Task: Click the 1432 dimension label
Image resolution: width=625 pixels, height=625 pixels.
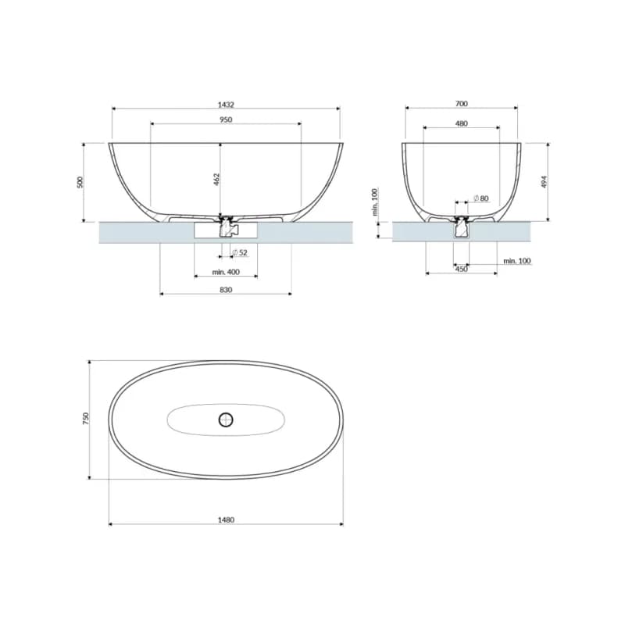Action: (226, 105)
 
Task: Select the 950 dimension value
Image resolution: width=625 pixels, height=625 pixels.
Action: (226, 120)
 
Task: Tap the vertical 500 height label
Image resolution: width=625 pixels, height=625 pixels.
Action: (80, 182)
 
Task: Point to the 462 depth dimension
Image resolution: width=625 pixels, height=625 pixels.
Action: (216, 180)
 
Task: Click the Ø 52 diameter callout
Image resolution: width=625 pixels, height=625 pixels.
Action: (241, 252)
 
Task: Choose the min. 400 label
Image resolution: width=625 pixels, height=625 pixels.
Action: (226, 272)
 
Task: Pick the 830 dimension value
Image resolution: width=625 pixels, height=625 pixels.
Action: (226, 290)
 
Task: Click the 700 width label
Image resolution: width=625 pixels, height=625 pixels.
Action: (461, 104)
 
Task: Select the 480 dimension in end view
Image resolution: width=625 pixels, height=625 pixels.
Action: (461, 124)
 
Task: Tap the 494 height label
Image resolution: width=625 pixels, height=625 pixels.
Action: (545, 182)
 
